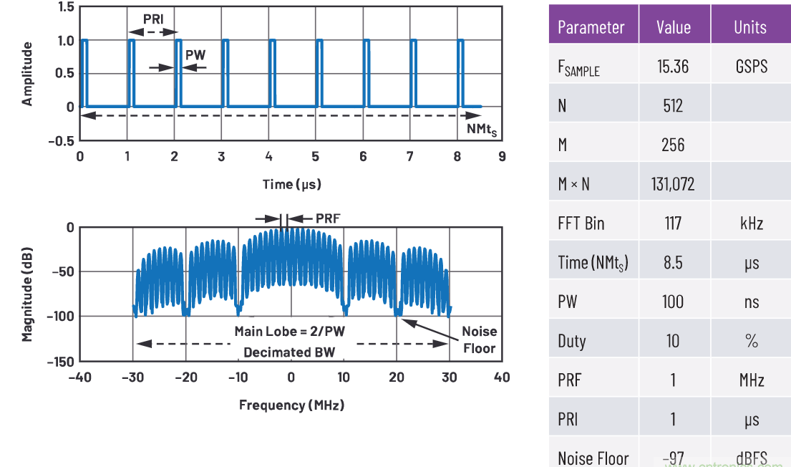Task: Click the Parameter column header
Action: [591, 27]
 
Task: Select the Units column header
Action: [750, 27]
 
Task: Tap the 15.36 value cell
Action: [673, 66]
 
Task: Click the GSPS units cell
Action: [751, 66]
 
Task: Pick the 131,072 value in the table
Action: [673, 184]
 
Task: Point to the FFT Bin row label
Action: [581, 223]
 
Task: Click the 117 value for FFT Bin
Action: [673, 223]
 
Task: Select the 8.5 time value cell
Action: [673, 263]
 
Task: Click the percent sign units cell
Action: [751, 341]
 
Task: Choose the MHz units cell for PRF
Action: [751, 380]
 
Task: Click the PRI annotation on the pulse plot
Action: [153, 19]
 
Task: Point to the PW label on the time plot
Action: [194, 54]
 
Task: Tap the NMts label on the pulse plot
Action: [481, 129]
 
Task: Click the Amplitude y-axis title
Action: [27, 74]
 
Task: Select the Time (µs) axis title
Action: [291, 184]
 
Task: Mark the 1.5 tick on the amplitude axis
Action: [66, 7]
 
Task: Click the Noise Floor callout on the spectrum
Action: [479, 340]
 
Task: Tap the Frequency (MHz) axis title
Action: [291, 405]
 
